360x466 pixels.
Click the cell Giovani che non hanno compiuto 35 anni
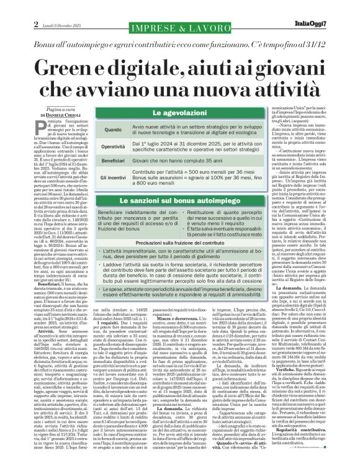pyautogui.click(x=174, y=160)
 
